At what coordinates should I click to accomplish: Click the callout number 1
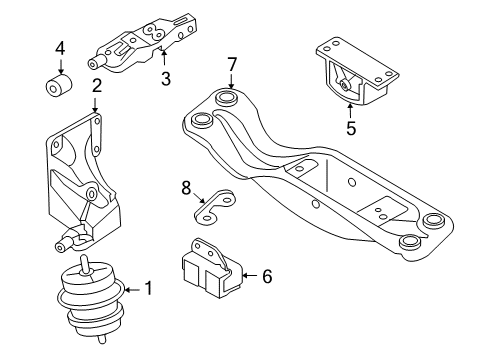(149, 288)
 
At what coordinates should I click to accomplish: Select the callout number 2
(96, 86)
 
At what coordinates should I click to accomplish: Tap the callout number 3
(166, 79)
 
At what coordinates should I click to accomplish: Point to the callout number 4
(60, 48)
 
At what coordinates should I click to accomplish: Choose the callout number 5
(351, 128)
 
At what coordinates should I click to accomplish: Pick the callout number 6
(267, 276)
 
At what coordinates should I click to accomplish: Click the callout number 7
(231, 64)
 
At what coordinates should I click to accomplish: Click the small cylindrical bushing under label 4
(59, 85)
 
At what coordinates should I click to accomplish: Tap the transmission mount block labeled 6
(213, 268)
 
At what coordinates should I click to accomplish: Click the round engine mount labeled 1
(91, 297)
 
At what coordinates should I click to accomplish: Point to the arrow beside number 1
(134, 289)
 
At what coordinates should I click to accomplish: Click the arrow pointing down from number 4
(60, 66)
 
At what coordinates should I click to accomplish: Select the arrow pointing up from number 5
(350, 111)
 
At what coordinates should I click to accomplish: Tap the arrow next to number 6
(251, 275)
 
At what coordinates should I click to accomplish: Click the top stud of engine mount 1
(85, 264)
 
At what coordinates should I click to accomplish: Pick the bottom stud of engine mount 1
(102, 339)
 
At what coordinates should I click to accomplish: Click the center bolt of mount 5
(343, 85)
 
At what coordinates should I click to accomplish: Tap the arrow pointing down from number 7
(231, 81)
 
